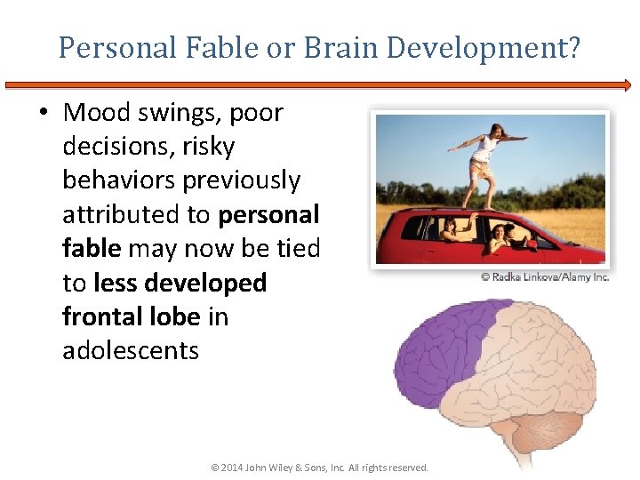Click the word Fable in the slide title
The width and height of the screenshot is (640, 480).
[224, 47]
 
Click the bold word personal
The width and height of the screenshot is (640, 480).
[268, 214]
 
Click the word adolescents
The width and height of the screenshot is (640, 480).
[131, 349]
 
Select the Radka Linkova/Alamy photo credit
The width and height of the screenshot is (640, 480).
[545, 276]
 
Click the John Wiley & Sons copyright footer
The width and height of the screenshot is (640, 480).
[319, 468]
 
